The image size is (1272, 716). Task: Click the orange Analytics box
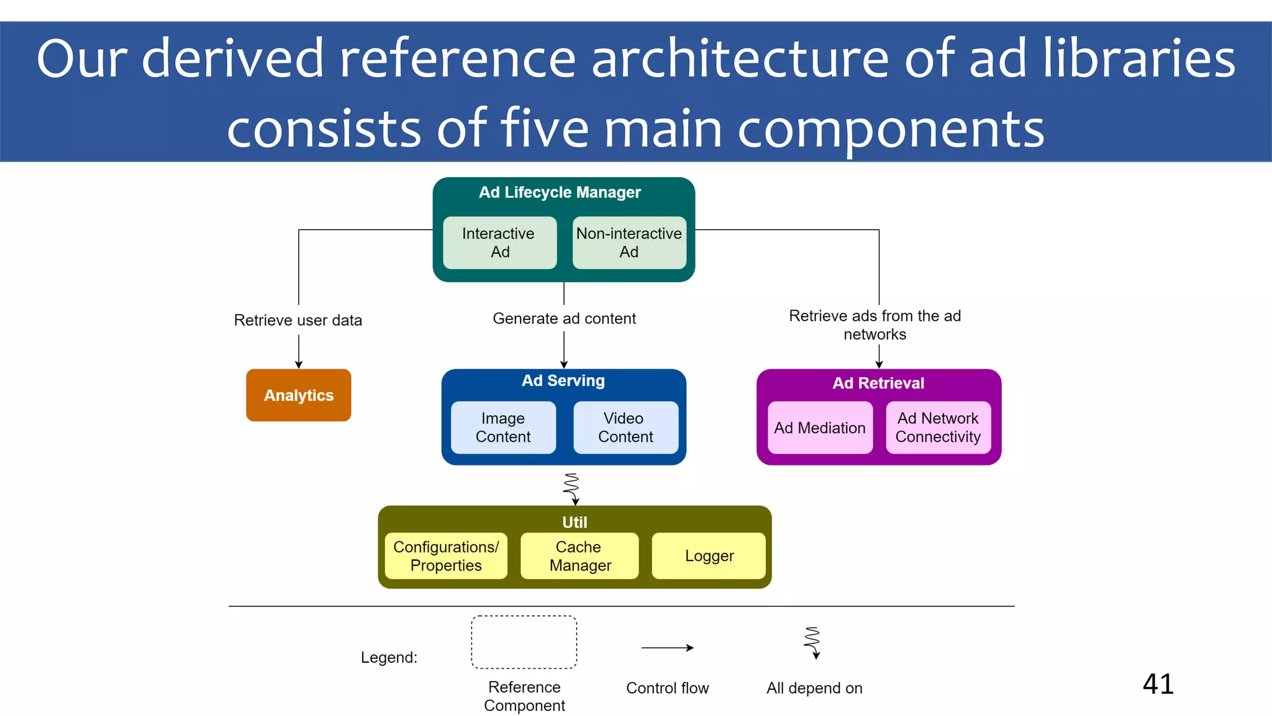coord(298,395)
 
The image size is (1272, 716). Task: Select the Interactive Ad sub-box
coord(499,242)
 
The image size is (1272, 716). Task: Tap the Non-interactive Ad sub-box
coord(629,242)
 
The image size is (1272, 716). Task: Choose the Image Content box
coord(503,428)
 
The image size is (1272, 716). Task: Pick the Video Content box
coord(625,428)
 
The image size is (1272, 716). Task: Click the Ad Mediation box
coord(820,428)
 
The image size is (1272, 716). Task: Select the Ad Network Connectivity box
coord(938,428)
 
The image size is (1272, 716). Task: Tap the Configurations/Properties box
coord(446,556)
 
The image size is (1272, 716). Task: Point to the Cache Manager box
coord(579,556)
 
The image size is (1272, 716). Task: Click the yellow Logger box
coord(709,556)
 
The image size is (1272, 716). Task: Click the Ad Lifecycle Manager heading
coord(560,193)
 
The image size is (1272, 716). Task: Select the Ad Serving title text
coord(563,380)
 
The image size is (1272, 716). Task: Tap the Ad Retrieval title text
coord(878,383)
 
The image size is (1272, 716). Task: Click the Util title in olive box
coord(575,522)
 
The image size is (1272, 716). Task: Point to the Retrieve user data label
coord(298,320)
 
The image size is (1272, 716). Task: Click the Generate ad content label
coord(564,318)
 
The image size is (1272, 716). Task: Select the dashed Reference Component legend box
coord(524,642)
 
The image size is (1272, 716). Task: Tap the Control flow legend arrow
coord(667,648)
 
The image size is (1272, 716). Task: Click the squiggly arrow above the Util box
coord(572,489)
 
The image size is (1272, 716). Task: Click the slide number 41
coord(1158,684)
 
